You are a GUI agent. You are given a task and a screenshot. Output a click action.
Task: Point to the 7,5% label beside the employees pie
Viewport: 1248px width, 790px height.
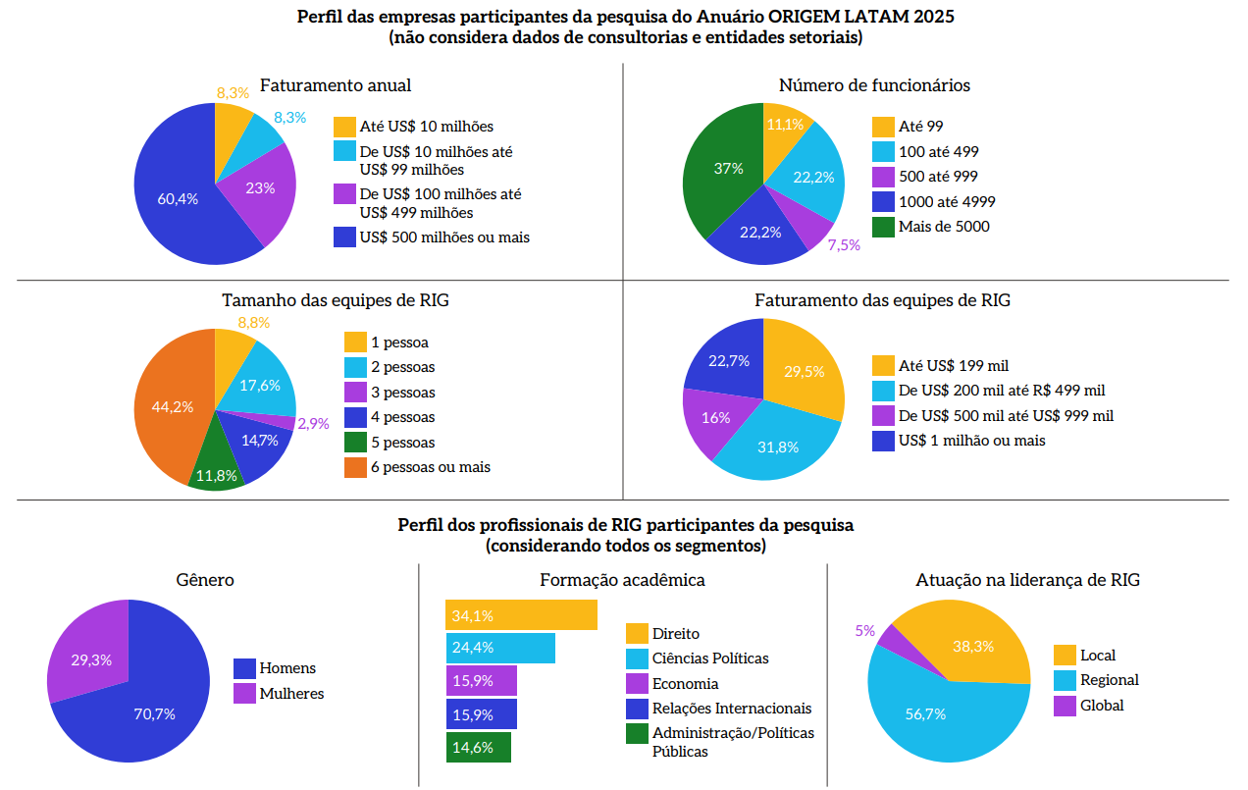pyautogui.click(x=844, y=245)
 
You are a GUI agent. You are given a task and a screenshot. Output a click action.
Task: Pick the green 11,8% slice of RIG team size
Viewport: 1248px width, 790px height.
pyautogui.click(x=216, y=471)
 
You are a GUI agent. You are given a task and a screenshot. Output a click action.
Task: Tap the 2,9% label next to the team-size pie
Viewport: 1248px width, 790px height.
pyautogui.click(x=313, y=424)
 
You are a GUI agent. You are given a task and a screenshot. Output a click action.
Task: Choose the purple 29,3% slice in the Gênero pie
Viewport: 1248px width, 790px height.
pyautogui.click(x=89, y=658)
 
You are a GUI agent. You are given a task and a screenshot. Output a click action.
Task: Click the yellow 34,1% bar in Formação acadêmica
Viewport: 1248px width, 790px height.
pyautogui.click(x=522, y=615)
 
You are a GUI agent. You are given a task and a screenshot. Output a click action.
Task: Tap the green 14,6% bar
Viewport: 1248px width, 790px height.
pyautogui.click(x=479, y=747)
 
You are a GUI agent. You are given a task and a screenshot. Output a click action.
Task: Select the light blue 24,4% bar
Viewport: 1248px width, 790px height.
pyautogui.click(x=500, y=648)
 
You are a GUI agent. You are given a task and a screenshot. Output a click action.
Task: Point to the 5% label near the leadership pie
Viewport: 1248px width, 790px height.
pyautogui.click(x=864, y=631)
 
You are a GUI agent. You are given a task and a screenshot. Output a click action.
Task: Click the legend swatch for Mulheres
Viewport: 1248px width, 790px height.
pyautogui.click(x=244, y=694)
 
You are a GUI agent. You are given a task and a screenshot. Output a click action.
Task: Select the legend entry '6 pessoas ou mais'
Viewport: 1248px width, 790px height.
pyautogui.click(x=431, y=467)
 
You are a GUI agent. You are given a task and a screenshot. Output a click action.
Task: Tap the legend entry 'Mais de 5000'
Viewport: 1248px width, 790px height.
pyautogui.click(x=944, y=227)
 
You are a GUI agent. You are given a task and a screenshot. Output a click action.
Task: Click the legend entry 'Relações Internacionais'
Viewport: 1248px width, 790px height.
pyautogui.click(x=732, y=709)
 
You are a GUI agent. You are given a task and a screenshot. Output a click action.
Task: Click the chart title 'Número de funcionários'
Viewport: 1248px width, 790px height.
pyautogui.click(x=874, y=85)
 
